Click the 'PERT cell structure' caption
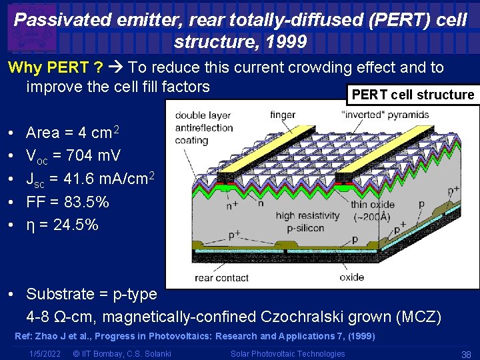pyautogui.click(x=413, y=95)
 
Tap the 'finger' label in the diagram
pyautogui.click(x=282, y=115)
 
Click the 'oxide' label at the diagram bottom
pyautogui.click(x=351, y=277)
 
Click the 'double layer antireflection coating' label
pyautogui.click(x=204, y=127)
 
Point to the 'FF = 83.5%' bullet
pyautogui.click(x=67, y=202)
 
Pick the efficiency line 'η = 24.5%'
pyautogui.click(x=62, y=225)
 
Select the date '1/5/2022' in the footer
pyautogui.click(x=45, y=354)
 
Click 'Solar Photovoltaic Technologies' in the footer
pyautogui.click(x=287, y=354)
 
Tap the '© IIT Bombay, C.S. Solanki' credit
pyautogui.click(x=121, y=354)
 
